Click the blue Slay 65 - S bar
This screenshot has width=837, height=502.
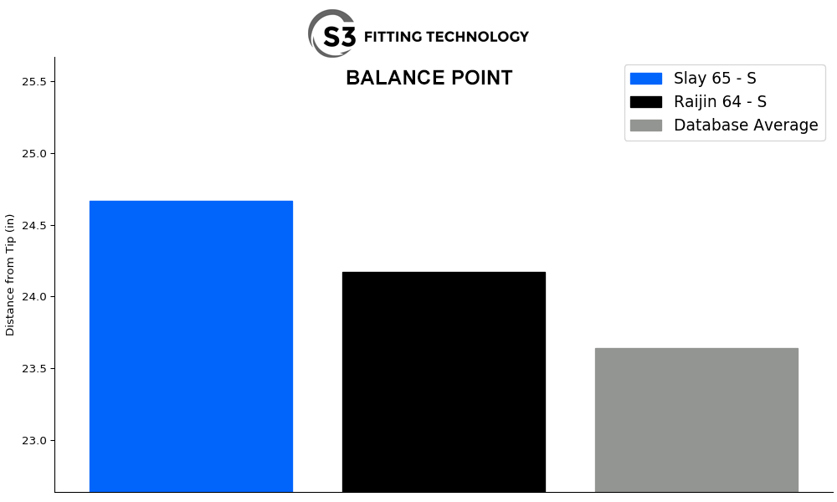coord(191,346)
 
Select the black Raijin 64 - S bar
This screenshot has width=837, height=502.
coord(444,382)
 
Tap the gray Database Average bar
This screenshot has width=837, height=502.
coord(696,419)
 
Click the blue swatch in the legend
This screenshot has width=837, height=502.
coord(645,79)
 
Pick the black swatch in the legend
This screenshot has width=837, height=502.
coord(645,102)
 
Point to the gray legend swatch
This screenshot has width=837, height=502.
coord(645,125)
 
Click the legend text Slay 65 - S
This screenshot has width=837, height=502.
coord(715,79)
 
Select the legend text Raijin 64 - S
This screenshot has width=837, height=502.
coord(720,102)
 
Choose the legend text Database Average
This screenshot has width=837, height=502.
coord(746,125)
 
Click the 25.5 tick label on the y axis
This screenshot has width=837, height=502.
coord(34,82)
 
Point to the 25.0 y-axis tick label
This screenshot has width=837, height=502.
coord(34,154)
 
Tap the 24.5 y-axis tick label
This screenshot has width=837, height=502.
coord(34,226)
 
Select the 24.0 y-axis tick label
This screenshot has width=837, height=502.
coord(34,297)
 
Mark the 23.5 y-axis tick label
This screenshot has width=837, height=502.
coord(34,369)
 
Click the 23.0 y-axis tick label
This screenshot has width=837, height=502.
coord(34,441)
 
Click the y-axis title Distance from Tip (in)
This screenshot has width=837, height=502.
coord(11,274)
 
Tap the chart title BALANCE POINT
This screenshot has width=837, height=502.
coord(429,79)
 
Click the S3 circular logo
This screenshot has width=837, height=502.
coord(332,34)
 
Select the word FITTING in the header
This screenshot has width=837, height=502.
coord(393,37)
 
